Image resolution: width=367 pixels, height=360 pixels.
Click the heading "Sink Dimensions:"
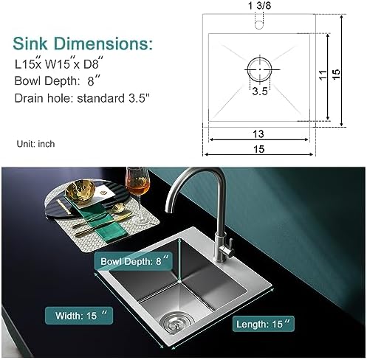pos(83,44)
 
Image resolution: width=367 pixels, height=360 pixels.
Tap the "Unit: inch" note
pos(35,144)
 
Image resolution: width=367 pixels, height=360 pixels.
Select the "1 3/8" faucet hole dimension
pos(259,5)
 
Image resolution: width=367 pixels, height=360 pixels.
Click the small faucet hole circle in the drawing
pos(259,25)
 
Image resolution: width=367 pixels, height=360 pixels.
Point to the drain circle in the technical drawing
pos(259,69)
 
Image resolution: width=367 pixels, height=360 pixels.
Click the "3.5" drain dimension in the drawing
pos(260,91)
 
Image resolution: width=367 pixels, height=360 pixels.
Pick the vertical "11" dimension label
pos(323,75)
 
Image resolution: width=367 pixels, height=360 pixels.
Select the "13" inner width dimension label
pos(258,134)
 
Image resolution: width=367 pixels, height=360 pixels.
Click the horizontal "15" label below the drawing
pos(259,149)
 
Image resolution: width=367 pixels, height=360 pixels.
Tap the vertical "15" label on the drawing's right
pos(336,74)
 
